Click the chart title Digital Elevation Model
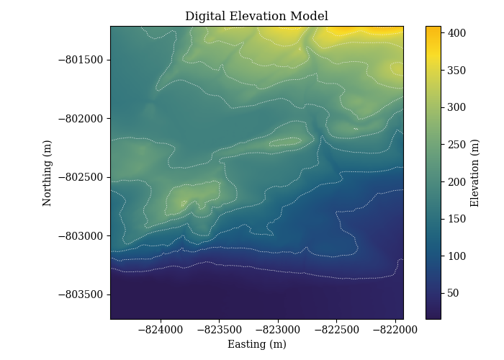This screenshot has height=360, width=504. (x=256, y=16)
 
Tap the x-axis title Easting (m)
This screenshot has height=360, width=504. (x=257, y=344)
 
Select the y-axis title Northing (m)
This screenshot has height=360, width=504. (x=47, y=173)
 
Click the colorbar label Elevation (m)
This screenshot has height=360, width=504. (x=474, y=173)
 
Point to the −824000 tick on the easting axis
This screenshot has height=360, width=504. (x=161, y=330)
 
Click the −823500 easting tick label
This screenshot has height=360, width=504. (x=220, y=330)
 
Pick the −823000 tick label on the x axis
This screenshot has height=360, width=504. (x=278, y=330)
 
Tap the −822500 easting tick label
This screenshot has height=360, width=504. (x=337, y=330)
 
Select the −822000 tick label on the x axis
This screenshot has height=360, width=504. (x=395, y=330)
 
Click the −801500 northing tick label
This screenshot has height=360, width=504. (x=81, y=60)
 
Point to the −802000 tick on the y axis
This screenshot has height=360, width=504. (x=81, y=119)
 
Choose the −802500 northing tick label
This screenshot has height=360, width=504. (x=81, y=177)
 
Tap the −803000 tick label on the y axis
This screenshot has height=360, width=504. (x=81, y=236)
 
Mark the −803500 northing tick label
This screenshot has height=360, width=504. (x=81, y=294)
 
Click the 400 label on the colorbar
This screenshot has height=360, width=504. (x=456, y=33)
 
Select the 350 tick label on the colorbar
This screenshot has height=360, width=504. (x=456, y=70)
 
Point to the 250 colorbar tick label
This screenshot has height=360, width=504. (x=456, y=145)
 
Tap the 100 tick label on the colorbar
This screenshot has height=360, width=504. (x=456, y=256)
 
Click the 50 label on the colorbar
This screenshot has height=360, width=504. (x=453, y=293)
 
